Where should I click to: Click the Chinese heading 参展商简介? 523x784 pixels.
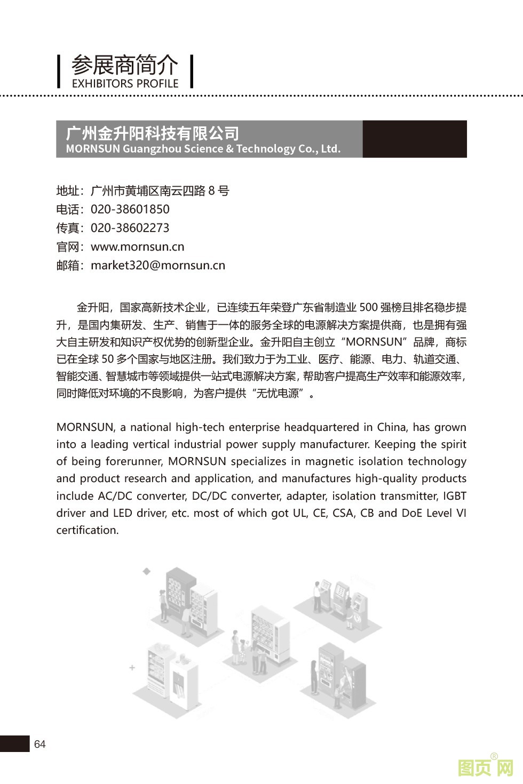click(x=124, y=65)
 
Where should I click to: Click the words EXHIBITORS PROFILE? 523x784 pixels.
click(x=125, y=84)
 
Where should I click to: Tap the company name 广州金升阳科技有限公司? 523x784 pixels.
click(x=152, y=133)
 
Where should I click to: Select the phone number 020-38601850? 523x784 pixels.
click(x=130, y=209)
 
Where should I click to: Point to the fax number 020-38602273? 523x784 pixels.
click(x=130, y=228)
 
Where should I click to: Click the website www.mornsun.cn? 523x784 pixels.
click(x=138, y=246)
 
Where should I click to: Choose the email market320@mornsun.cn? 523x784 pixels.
click(x=158, y=265)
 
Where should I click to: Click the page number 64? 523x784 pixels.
click(x=40, y=744)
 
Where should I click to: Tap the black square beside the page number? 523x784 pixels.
click(x=14, y=743)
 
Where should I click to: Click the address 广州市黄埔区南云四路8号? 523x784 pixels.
click(x=160, y=190)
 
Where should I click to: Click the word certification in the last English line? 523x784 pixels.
click(x=87, y=530)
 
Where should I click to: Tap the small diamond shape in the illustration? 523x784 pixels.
click(x=147, y=571)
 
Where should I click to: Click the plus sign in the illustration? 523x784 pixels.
click(x=132, y=667)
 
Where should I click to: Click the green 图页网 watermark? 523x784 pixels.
click(x=486, y=767)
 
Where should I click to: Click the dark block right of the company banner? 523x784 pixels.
click(x=415, y=139)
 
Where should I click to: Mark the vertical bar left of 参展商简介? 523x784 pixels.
click(x=59, y=71)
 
